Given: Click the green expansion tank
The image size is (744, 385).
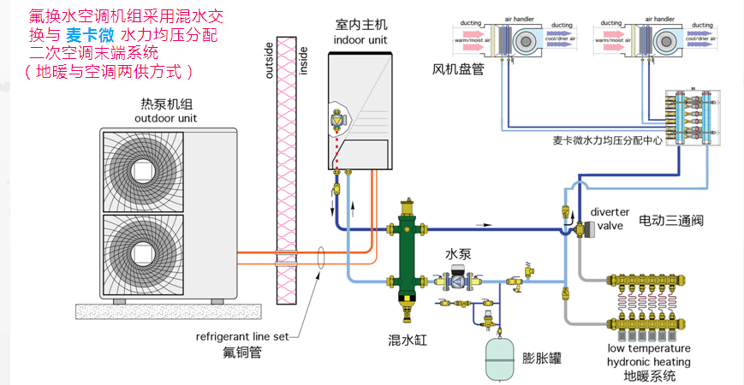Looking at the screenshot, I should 503,358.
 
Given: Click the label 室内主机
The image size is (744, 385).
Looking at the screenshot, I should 360,25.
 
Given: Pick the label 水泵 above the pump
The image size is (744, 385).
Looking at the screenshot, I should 457,255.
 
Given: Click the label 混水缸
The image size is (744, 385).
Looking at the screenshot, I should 408,341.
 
